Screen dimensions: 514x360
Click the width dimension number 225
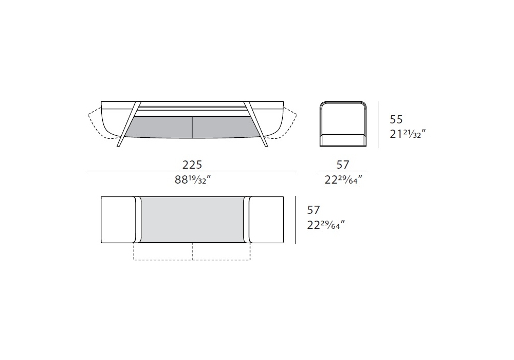[192, 164]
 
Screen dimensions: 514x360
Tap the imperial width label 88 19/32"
[192, 179]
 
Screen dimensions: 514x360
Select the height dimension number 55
[396, 119]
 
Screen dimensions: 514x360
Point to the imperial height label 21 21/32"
[408, 134]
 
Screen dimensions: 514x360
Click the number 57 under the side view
[342, 164]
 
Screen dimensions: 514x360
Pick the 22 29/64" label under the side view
[343, 179]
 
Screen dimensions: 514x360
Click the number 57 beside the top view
[313, 210]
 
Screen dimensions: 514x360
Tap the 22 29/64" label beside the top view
[326, 225]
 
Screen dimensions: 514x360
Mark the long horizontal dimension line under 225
[192, 171]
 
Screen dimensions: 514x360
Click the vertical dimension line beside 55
[378, 124]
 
